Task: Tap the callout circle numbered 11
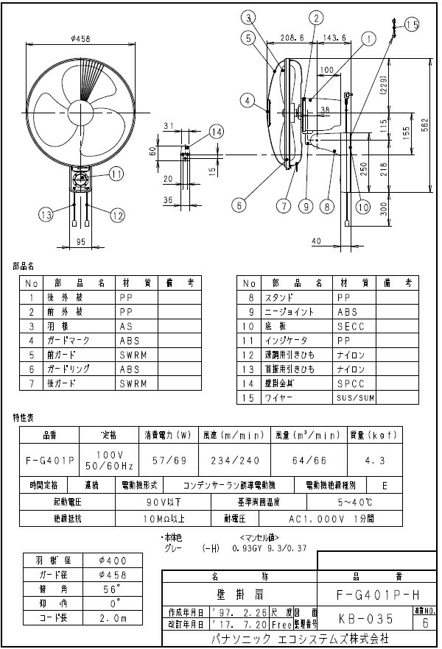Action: click(117, 174)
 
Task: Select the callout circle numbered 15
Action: click(411, 25)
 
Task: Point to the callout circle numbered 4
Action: click(249, 100)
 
